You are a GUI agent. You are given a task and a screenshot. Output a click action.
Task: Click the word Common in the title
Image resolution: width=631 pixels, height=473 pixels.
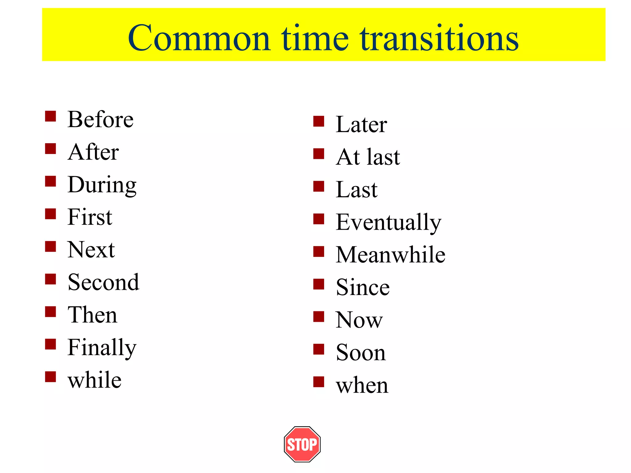click(x=199, y=38)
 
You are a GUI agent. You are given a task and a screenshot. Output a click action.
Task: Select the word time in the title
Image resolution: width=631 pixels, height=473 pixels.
click(x=315, y=38)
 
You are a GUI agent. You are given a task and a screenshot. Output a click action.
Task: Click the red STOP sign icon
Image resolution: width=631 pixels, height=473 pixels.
click(x=302, y=444)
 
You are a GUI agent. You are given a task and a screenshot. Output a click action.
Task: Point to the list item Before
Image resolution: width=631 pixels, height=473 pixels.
click(x=100, y=119)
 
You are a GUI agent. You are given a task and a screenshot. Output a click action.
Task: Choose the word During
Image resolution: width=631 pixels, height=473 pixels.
click(x=102, y=185)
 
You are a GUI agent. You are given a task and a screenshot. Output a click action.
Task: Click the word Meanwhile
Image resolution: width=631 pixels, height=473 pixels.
click(x=391, y=255)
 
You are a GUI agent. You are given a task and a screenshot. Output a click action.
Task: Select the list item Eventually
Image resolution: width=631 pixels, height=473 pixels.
click(x=389, y=222)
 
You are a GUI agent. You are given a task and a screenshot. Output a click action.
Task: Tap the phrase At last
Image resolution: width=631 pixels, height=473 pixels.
click(x=368, y=157)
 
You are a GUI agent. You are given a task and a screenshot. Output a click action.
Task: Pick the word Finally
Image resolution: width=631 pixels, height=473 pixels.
click(x=102, y=348)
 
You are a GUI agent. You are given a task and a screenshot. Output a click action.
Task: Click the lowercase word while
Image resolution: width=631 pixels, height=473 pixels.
click(x=95, y=380)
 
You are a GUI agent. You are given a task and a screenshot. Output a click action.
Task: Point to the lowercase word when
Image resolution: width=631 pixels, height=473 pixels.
click(x=362, y=385)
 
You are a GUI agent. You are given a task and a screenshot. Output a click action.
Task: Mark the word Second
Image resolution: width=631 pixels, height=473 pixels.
click(x=104, y=282)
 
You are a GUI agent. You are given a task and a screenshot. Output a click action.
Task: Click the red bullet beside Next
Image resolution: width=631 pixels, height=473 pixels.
click(x=50, y=247)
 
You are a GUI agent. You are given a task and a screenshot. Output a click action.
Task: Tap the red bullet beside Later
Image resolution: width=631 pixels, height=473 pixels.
click(x=319, y=121)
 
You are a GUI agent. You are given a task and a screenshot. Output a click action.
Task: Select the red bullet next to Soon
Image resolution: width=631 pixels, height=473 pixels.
click(x=319, y=350)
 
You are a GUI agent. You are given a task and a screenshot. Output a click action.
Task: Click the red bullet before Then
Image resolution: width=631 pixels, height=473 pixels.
click(x=50, y=312)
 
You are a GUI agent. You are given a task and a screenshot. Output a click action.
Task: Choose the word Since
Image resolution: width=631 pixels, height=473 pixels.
click(x=363, y=287)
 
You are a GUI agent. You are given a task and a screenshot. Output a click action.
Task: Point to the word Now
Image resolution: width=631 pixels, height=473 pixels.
click(x=359, y=320)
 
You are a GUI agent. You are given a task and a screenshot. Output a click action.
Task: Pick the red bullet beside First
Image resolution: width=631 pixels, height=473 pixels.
click(x=50, y=214)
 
